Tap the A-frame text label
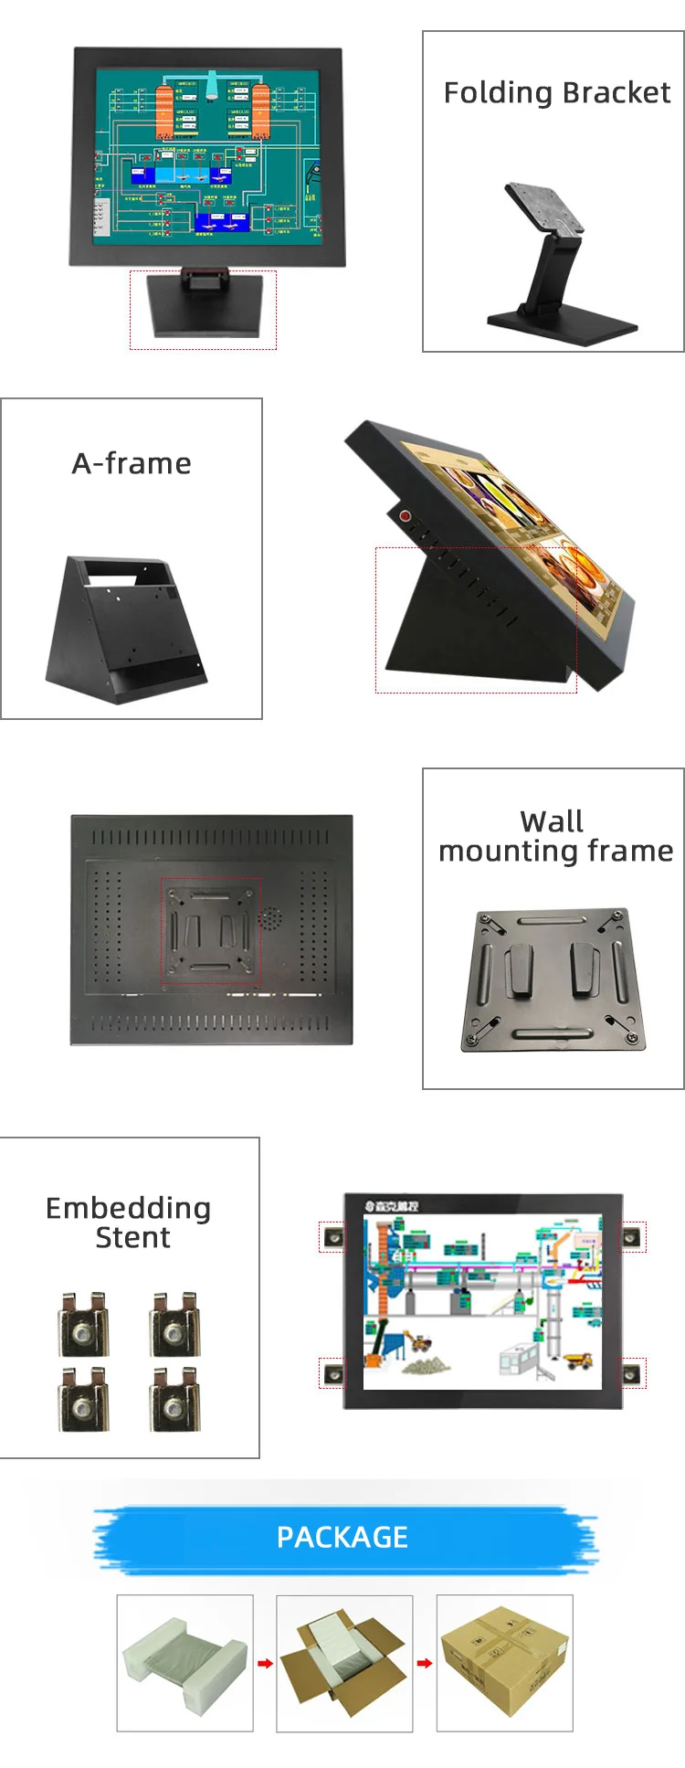point(132,464)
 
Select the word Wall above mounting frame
point(552,820)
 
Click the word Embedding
point(128,1208)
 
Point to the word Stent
point(132,1238)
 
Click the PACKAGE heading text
point(342,1537)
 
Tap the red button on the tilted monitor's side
point(405,516)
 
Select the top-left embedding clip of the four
point(83,1324)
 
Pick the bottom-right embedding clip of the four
point(174,1398)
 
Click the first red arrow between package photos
point(265,1663)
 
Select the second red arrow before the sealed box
point(425,1663)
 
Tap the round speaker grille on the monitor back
point(269,918)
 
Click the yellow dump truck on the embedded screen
point(577,1360)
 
